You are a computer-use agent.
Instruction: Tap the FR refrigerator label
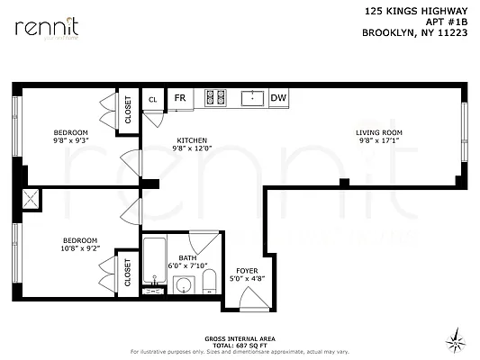point(180,98)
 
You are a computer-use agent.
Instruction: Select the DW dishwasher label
point(277,98)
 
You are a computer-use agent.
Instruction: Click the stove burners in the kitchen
point(215,97)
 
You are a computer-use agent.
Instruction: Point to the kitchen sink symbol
point(250,97)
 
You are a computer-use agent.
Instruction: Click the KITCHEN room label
point(192,140)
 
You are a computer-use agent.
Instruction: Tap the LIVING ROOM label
point(380,133)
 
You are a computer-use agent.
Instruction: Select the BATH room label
point(187,258)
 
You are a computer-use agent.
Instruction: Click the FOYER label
point(246,271)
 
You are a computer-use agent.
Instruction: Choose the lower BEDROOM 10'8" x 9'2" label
point(79,240)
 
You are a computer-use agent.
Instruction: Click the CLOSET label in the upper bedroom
point(128,111)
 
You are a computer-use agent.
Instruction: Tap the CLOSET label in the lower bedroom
point(128,272)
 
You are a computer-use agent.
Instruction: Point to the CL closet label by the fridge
point(153,99)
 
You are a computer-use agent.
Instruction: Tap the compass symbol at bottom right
point(458,339)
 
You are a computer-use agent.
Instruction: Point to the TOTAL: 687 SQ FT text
point(239,345)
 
